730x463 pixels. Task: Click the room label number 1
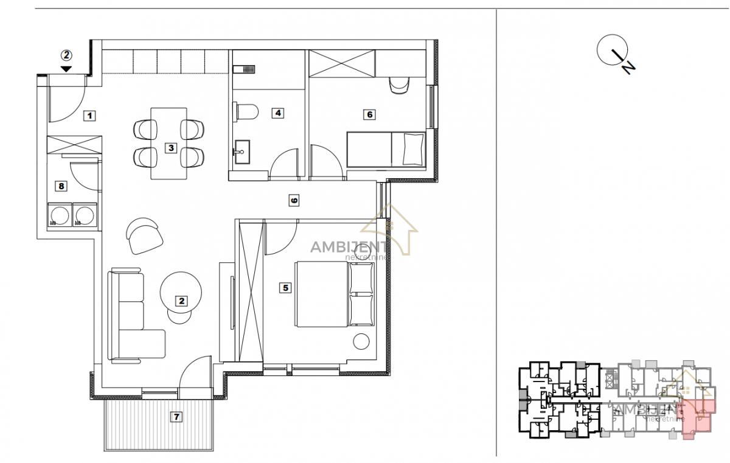tap(89, 116)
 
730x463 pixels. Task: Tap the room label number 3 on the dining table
tap(171, 148)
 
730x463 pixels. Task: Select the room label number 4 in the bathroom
tap(277, 113)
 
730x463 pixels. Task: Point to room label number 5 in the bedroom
tap(285, 288)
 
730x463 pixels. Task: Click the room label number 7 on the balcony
tap(176, 417)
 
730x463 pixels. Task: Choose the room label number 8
tap(61, 186)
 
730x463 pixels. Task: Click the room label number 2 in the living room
tap(181, 301)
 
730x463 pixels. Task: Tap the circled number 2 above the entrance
tap(66, 55)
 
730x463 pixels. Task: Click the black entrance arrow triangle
tap(66, 69)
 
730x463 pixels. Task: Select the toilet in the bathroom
tap(245, 112)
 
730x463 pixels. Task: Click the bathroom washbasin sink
tap(242, 152)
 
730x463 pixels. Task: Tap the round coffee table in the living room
tap(181, 293)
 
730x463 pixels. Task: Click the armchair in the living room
tap(144, 235)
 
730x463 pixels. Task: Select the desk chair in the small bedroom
tap(399, 86)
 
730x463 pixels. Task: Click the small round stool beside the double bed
tap(361, 341)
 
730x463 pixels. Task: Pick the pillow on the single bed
tap(414, 149)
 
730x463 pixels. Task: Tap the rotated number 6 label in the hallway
tap(294, 200)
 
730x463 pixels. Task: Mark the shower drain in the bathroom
tap(249, 69)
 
